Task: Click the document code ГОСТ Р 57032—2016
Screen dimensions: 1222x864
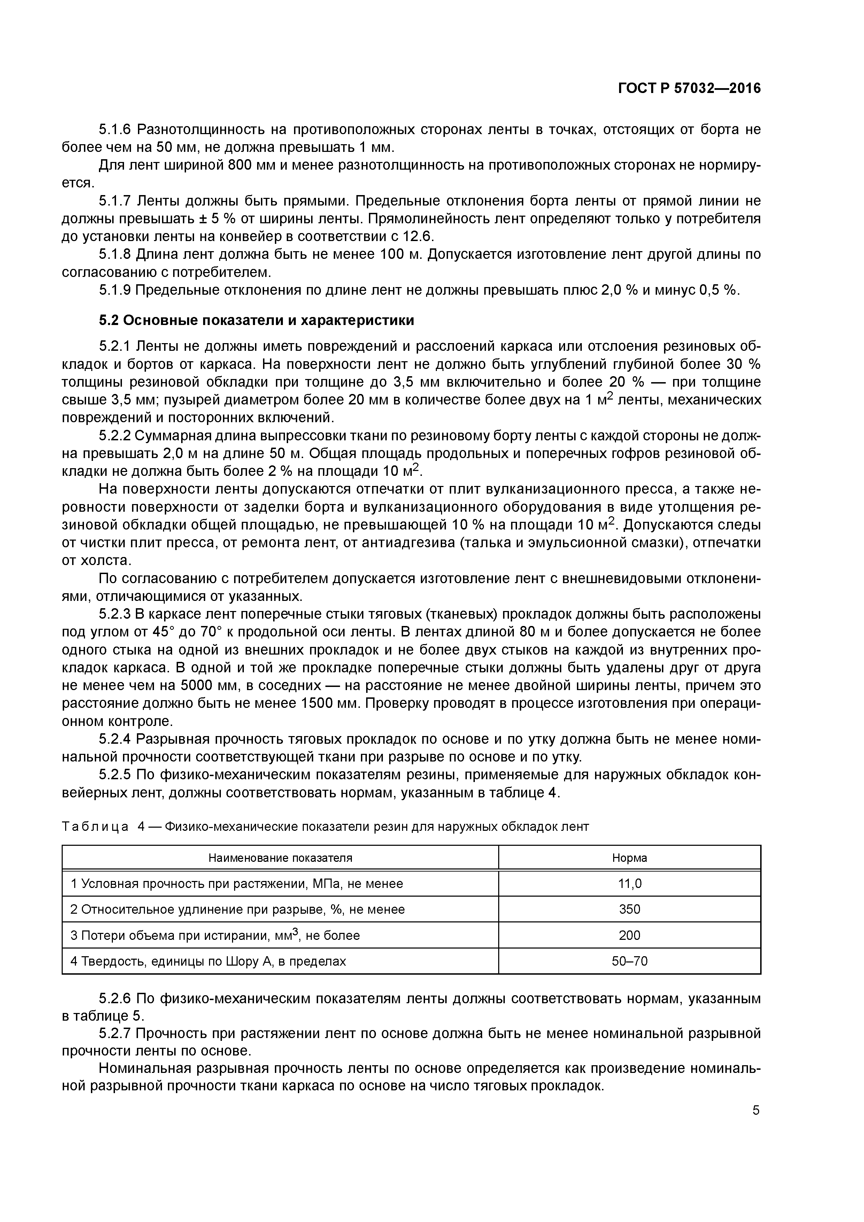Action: click(x=689, y=88)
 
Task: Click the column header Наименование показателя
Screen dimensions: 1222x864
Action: click(x=280, y=858)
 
